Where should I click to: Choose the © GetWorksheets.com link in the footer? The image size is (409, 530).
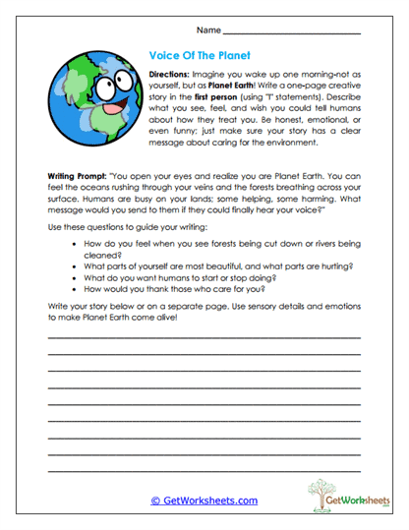pos(204,501)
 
